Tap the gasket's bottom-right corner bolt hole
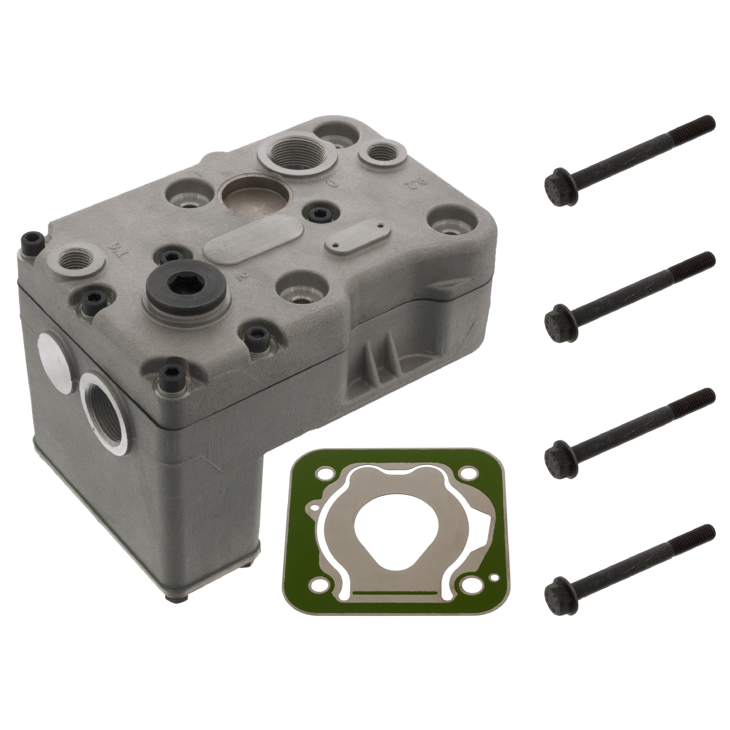pyautogui.click(x=495, y=577)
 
